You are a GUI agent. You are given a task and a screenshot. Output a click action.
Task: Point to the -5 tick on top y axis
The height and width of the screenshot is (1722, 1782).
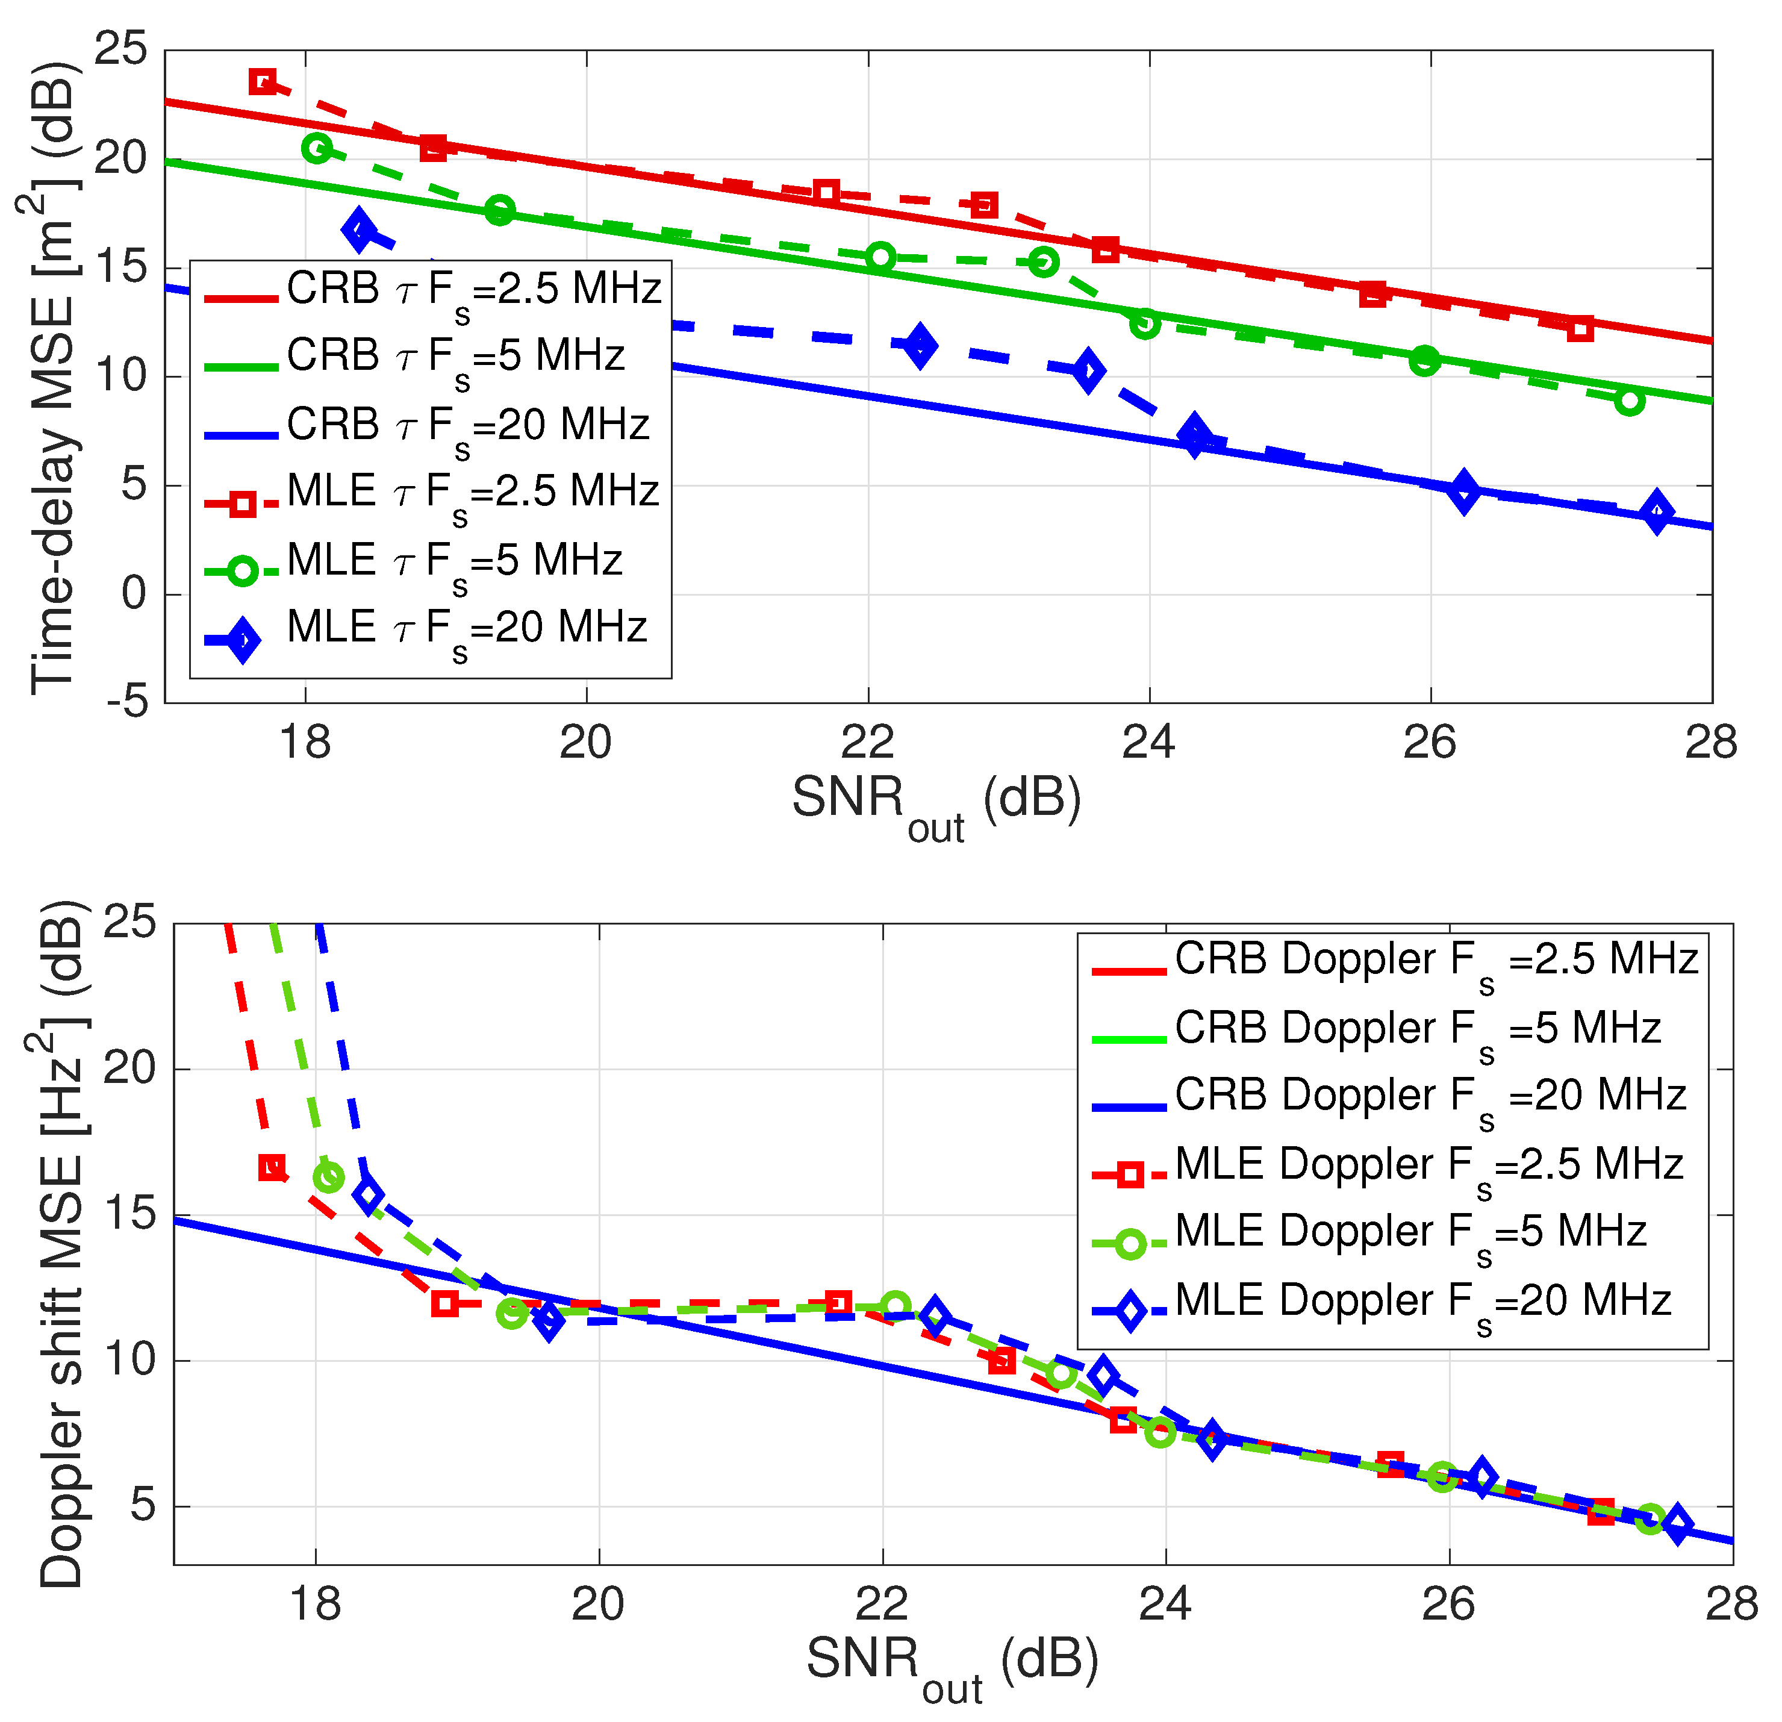pyautogui.click(x=127, y=702)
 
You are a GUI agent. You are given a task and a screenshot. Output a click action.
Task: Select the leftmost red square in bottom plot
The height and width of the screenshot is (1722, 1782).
pyautogui.click(x=272, y=1167)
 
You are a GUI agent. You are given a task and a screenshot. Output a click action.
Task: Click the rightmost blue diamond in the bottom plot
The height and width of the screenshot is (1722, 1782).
pyautogui.click(x=1677, y=1524)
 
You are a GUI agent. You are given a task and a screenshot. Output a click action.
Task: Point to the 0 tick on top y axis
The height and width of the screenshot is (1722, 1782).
pyautogui.click(x=134, y=594)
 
